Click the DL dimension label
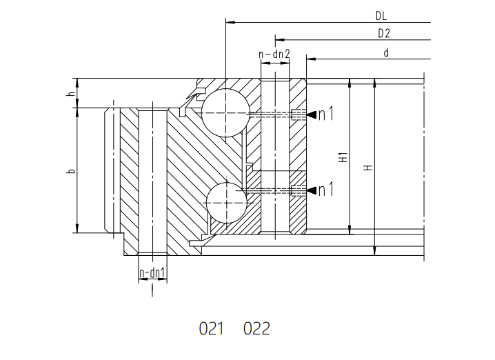tap(381, 16)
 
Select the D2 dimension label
tap(384, 34)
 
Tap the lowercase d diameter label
tap(386, 52)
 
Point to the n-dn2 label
tap(274, 54)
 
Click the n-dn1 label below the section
tap(152, 273)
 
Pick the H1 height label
tap(343, 157)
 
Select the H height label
tap(368, 168)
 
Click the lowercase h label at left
tap(72, 94)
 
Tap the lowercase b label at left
tap(72, 171)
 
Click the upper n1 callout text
tap(326, 114)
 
